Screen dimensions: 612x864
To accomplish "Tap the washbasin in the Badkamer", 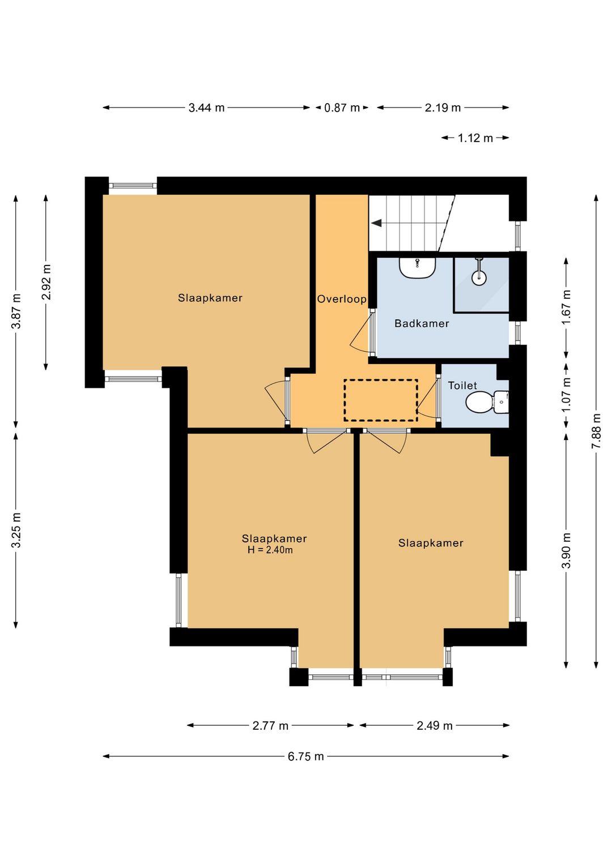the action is [418, 267].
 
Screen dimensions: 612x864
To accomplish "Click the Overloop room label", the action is [342, 299].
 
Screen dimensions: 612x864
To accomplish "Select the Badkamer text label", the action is [422, 323].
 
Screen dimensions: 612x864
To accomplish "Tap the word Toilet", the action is [462, 386].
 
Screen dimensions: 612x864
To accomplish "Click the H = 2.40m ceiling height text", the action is [270, 550].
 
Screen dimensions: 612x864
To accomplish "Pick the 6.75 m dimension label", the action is [305, 756].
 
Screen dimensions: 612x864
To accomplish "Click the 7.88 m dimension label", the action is [597, 431].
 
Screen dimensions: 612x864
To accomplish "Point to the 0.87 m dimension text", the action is [342, 108].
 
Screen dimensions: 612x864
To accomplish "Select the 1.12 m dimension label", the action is [475, 138].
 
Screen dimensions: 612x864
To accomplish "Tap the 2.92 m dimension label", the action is [46, 283].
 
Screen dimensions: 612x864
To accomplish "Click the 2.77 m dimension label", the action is [270, 725].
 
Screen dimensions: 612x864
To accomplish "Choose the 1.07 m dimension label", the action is [566, 395].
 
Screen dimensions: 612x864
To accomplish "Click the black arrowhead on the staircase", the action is [376, 223].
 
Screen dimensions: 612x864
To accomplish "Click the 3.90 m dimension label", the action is [566, 550].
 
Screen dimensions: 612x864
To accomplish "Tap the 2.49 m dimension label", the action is [435, 725].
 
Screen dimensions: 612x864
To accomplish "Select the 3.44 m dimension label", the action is [207, 108].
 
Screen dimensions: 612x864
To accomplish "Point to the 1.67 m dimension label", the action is [566, 307].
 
